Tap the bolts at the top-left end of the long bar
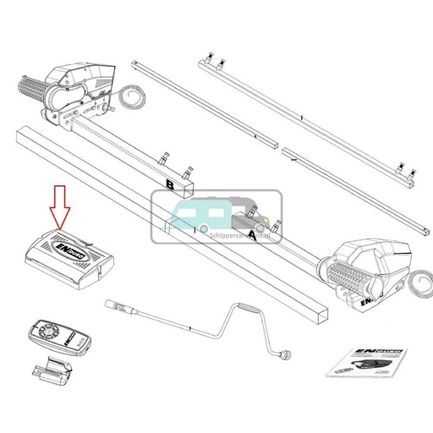pyautogui.click(x=211, y=61)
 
